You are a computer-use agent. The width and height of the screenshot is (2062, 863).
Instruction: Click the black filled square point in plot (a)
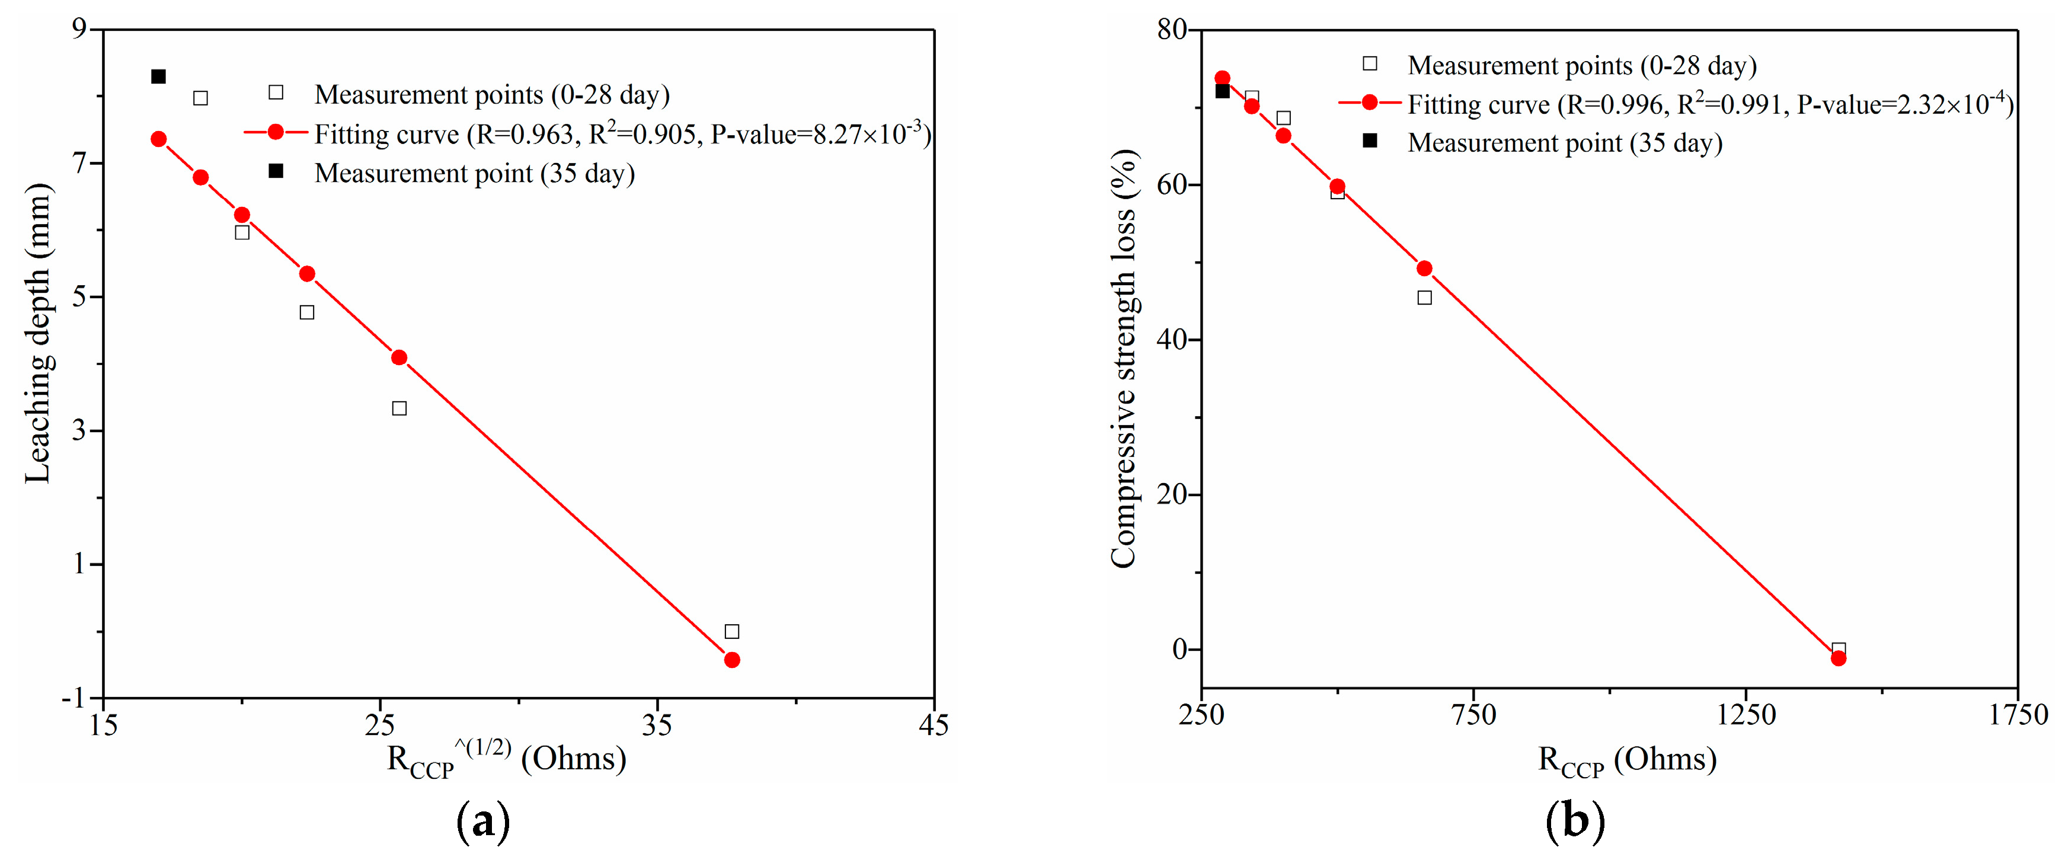158,77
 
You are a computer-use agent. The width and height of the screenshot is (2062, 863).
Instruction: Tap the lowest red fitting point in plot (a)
731,660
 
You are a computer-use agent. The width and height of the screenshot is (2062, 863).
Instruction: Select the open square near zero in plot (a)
731,632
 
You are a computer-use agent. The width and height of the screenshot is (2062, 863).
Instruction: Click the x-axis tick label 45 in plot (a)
934,725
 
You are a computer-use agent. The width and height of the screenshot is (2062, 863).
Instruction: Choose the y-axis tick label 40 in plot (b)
1173,340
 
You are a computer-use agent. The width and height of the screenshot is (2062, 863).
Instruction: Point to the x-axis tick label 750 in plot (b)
1473,714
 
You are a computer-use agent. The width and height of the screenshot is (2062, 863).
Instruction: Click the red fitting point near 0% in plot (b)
1839,658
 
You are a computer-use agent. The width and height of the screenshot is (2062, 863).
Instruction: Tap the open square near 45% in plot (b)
1425,298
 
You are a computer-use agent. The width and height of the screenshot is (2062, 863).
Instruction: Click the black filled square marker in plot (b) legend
1370,141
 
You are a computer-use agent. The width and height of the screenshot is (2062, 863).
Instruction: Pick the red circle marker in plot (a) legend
276,132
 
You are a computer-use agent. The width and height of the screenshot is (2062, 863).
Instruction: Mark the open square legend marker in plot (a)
276,92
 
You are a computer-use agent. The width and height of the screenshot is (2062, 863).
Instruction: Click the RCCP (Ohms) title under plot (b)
1628,760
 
